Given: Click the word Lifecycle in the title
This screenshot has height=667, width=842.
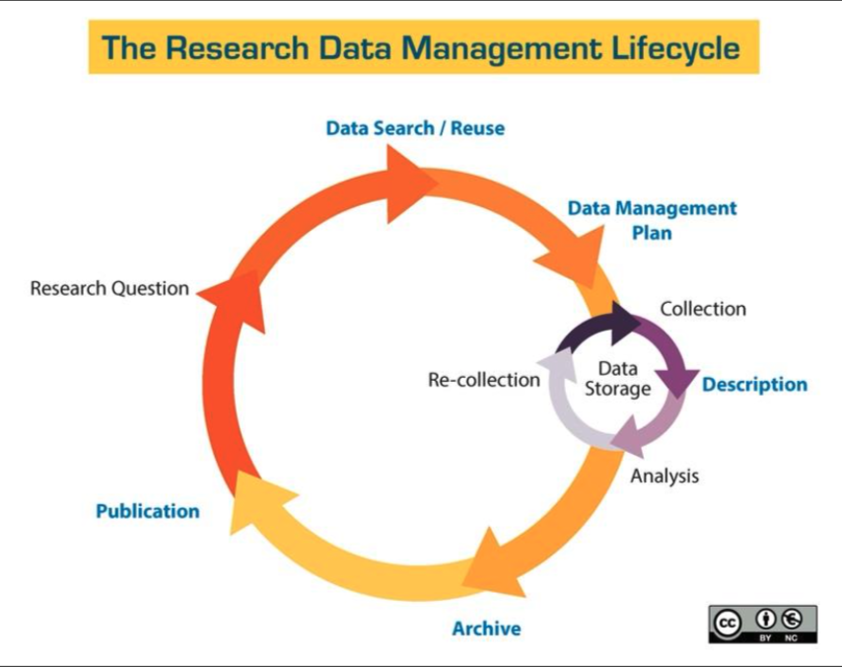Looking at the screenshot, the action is tap(676, 47).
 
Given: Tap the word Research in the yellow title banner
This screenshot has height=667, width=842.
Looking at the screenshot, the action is tap(238, 47).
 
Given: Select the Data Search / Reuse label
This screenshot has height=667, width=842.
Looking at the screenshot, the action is tap(415, 128).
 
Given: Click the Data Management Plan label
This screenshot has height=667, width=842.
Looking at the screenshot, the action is tap(652, 220).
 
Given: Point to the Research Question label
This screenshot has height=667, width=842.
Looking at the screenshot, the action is tap(109, 289).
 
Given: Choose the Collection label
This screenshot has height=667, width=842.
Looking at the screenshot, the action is tap(703, 309).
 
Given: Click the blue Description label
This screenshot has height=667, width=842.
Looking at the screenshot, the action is tap(754, 385).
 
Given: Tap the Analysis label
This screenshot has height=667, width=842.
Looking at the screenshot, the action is tap(665, 477).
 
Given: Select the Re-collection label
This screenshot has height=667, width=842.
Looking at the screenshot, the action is tap(484, 380).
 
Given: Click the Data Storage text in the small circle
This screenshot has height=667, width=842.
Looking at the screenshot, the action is tap(617, 378).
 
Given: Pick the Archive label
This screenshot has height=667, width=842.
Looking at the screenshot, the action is tap(486, 629).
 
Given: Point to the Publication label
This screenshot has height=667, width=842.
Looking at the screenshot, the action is tap(148, 511).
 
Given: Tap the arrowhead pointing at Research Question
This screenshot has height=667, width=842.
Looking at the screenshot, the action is tap(234, 298).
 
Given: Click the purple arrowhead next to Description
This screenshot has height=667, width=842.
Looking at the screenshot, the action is tap(677, 383).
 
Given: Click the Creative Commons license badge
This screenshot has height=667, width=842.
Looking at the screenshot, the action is tap(763, 624).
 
